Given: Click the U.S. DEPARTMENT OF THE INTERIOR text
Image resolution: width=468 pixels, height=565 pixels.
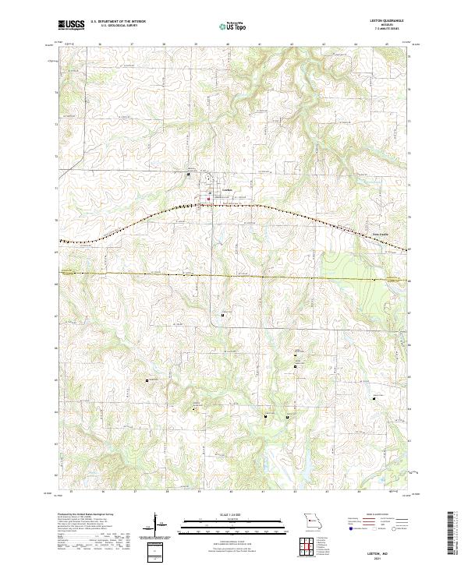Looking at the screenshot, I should pos(118,22).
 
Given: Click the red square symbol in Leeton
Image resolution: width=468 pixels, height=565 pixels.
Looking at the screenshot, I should pos(208,200).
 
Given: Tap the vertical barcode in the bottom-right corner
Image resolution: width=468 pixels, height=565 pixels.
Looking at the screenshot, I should pos(452,538).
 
